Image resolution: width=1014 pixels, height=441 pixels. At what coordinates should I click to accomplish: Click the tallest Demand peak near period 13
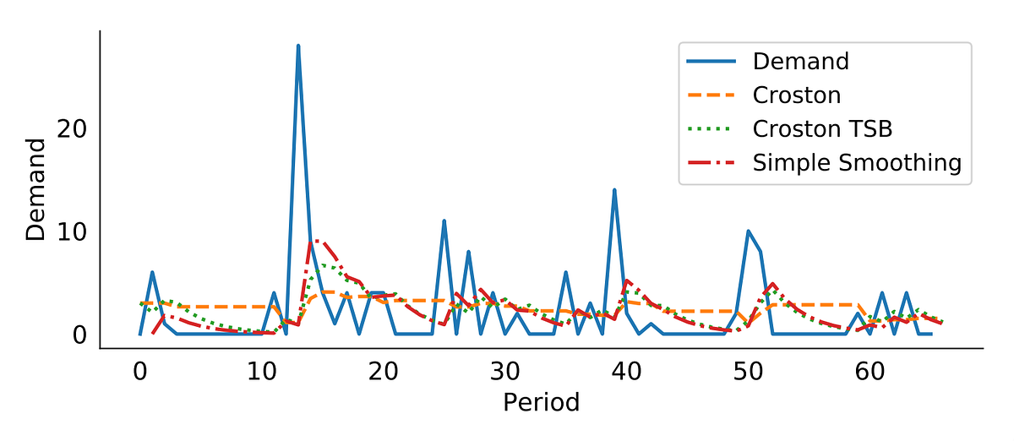pos(298,46)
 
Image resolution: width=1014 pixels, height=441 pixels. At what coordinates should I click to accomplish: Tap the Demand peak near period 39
pos(614,190)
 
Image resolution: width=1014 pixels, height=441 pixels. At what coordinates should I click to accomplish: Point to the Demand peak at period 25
pos(444,221)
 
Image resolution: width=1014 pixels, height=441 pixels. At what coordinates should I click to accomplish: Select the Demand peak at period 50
pos(749,231)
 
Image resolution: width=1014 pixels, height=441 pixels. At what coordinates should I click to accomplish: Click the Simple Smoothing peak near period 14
pos(314,242)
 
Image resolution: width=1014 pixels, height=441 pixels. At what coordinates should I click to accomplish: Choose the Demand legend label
pos(800,62)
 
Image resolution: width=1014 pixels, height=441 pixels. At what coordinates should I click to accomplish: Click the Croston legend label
pos(797,95)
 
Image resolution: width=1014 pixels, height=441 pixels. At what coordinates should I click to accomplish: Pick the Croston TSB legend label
pos(822,128)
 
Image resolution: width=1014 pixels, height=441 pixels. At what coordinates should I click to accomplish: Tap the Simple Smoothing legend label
pos(857,162)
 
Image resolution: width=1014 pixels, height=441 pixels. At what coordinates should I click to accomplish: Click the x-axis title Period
pos(541,402)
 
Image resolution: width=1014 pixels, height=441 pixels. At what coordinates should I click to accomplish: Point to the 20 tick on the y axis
pos(71,129)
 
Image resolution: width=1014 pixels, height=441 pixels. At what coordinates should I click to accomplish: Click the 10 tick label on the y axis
pos(71,232)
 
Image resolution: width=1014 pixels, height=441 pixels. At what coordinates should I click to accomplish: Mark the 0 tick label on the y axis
pos(79,335)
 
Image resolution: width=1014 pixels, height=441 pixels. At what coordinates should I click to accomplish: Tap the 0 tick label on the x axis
pos(139,372)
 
